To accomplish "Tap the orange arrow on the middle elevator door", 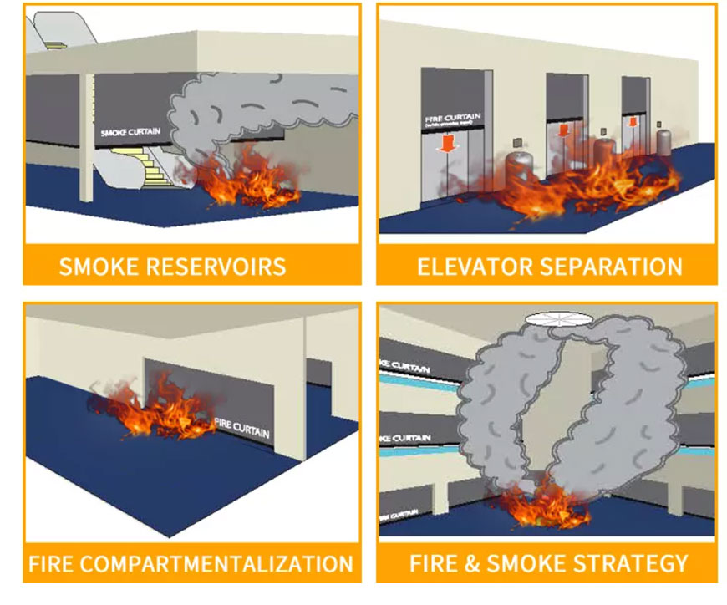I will pos(563,130).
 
